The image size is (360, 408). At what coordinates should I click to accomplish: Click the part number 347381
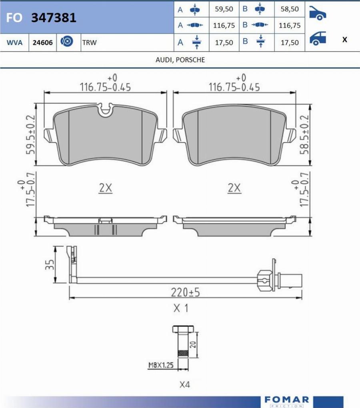[x=54, y=18]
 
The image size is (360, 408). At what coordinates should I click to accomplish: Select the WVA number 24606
[x=42, y=42]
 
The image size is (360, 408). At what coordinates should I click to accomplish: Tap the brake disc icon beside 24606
[x=67, y=42]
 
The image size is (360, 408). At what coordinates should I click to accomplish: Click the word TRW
[x=89, y=42]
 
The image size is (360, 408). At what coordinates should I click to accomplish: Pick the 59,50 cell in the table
[x=224, y=9]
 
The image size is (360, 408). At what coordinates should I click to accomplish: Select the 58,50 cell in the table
[x=290, y=9]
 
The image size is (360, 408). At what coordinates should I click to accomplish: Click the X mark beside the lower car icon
[x=345, y=40]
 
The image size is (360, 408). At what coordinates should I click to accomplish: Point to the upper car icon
[x=318, y=13]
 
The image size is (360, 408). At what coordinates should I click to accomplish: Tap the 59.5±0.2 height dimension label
[x=30, y=135]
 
